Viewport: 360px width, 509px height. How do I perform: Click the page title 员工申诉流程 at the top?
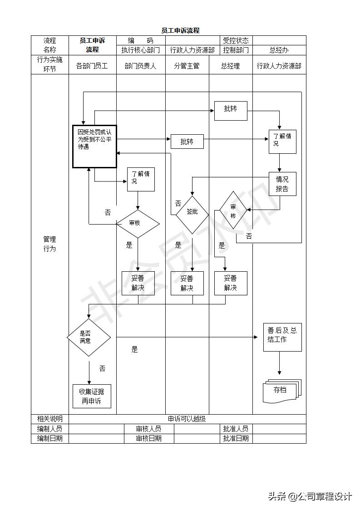[180, 30]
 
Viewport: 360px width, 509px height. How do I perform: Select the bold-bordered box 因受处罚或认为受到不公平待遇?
[94, 147]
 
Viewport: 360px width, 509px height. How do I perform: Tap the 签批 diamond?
[192, 212]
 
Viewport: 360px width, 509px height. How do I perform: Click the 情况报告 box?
[282, 184]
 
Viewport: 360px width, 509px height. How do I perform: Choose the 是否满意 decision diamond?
[89, 337]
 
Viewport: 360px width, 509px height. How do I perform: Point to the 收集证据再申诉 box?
[92, 396]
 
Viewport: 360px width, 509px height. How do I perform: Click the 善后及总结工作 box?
[282, 337]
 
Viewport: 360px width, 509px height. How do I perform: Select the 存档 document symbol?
[281, 391]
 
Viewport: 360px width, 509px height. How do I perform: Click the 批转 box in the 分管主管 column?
[187, 142]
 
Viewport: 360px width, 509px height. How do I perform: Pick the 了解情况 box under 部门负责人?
[141, 179]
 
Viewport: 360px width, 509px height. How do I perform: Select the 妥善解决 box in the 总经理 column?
[231, 283]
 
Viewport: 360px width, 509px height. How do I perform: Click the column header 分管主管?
[187, 66]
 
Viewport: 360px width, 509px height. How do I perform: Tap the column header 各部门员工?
[92, 66]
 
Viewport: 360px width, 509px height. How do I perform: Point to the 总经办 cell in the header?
[279, 50]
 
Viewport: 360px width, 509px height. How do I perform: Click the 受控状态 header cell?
[236, 40]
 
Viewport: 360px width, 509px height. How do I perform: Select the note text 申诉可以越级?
[187, 419]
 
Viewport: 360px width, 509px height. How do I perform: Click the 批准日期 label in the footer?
[236, 438]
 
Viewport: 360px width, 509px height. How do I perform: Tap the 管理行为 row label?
[49, 244]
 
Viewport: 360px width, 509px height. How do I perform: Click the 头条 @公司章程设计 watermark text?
[310, 496]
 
